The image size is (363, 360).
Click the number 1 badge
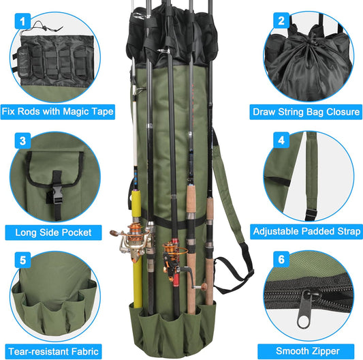click(24, 22)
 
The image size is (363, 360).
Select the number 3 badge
click(24, 141)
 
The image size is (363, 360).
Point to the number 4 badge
click(281, 140)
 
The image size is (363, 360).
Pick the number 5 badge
click(24, 260)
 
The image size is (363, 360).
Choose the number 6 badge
click(281, 260)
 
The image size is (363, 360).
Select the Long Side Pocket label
click(54, 232)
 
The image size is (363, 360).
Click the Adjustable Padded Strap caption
click(306, 232)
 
